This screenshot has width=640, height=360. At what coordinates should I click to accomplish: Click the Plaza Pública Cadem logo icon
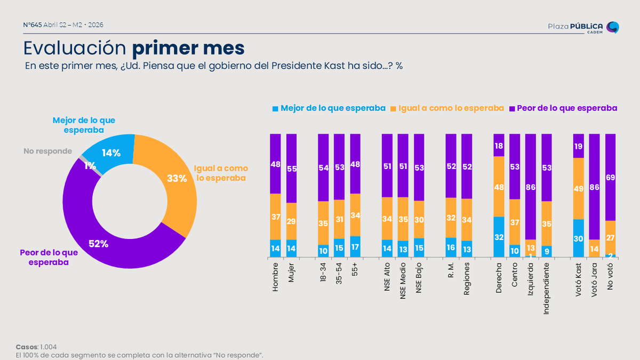(x=613, y=27)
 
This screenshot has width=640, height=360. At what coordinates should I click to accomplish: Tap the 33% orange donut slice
(x=176, y=179)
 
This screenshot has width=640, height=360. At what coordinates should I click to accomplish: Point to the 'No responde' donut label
(x=47, y=151)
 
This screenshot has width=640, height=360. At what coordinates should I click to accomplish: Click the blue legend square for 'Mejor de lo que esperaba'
(x=275, y=108)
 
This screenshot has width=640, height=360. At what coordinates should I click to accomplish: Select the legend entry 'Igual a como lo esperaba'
(x=451, y=108)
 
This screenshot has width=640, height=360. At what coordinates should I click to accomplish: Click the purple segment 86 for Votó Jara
(x=595, y=186)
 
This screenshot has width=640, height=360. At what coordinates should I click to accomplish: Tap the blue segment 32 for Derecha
(x=499, y=237)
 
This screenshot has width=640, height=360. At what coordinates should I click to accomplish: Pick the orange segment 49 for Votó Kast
(x=579, y=188)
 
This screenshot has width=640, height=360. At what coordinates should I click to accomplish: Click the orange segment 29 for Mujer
(x=291, y=221)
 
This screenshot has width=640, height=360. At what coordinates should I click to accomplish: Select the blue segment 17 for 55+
(x=355, y=247)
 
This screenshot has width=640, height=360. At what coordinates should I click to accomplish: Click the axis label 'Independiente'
(x=547, y=288)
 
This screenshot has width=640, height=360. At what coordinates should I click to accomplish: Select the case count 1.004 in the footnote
(x=49, y=347)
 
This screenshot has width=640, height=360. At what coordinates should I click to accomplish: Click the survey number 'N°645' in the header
(x=33, y=25)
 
